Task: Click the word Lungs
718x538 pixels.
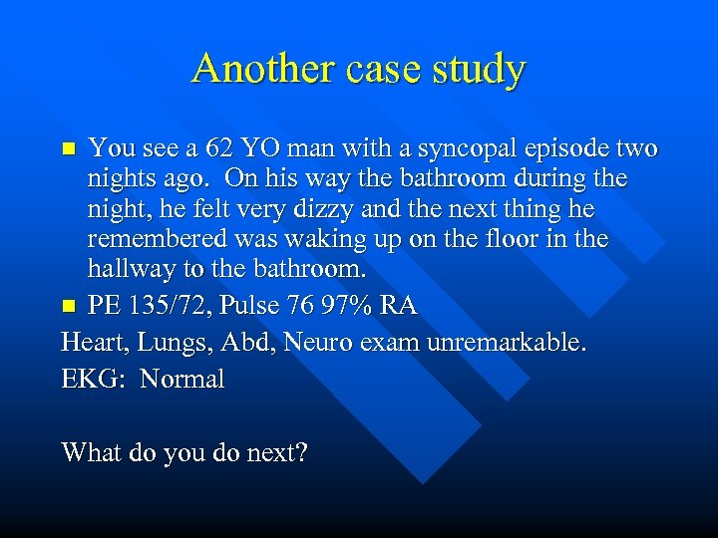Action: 168,343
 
